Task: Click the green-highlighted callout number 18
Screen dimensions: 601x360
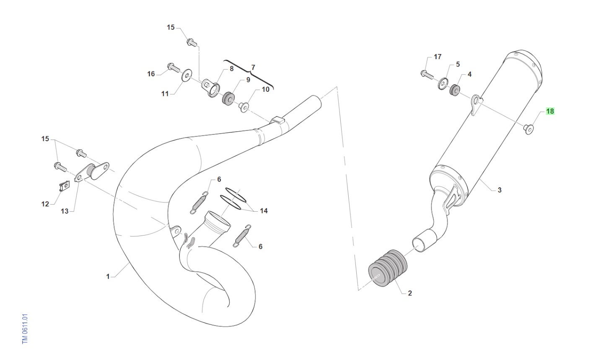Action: [x=550, y=111]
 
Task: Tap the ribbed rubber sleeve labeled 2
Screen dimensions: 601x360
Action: [x=387, y=268]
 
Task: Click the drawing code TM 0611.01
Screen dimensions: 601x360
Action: [x=25, y=329]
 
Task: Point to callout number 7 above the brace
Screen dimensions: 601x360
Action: [x=253, y=67]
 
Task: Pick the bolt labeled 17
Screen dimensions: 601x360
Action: [x=427, y=75]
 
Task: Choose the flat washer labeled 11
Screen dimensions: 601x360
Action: [x=185, y=76]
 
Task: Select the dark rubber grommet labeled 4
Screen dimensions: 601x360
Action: [x=454, y=91]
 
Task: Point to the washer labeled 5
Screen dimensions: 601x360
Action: [x=443, y=84]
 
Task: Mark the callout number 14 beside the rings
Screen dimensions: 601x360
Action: [x=264, y=211]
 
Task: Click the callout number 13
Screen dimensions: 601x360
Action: [x=65, y=211]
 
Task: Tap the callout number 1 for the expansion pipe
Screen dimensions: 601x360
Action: [x=108, y=276]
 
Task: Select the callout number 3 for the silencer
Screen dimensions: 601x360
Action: [x=499, y=190]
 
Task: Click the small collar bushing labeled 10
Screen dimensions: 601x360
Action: [x=244, y=107]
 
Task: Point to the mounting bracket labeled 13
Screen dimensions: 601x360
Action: [x=92, y=172]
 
